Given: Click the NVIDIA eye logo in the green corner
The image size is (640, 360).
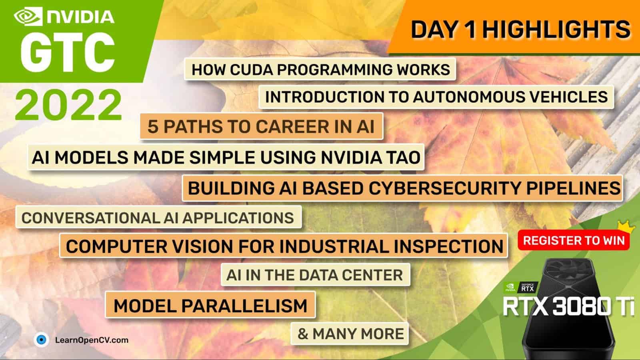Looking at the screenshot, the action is (28, 16).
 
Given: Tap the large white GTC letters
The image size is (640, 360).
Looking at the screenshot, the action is (68, 53).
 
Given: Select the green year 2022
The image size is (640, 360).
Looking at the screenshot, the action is (68, 105).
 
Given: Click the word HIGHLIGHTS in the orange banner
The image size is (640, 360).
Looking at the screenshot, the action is (556, 30).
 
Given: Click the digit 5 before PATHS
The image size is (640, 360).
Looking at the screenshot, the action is (152, 126).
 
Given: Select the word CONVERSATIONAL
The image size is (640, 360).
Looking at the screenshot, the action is (90, 218).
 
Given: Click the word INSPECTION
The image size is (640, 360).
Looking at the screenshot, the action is (448, 246).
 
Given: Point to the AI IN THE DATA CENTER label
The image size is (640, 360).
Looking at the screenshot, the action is (315, 275).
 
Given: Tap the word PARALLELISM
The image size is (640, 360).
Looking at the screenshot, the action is (244, 306).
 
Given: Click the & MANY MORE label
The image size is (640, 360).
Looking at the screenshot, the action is (350, 334).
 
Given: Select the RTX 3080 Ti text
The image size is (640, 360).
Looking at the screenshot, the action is (568, 306).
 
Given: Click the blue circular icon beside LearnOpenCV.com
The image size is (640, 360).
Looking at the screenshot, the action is (42, 340).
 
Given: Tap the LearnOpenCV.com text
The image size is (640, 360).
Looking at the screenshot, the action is (92, 340).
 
